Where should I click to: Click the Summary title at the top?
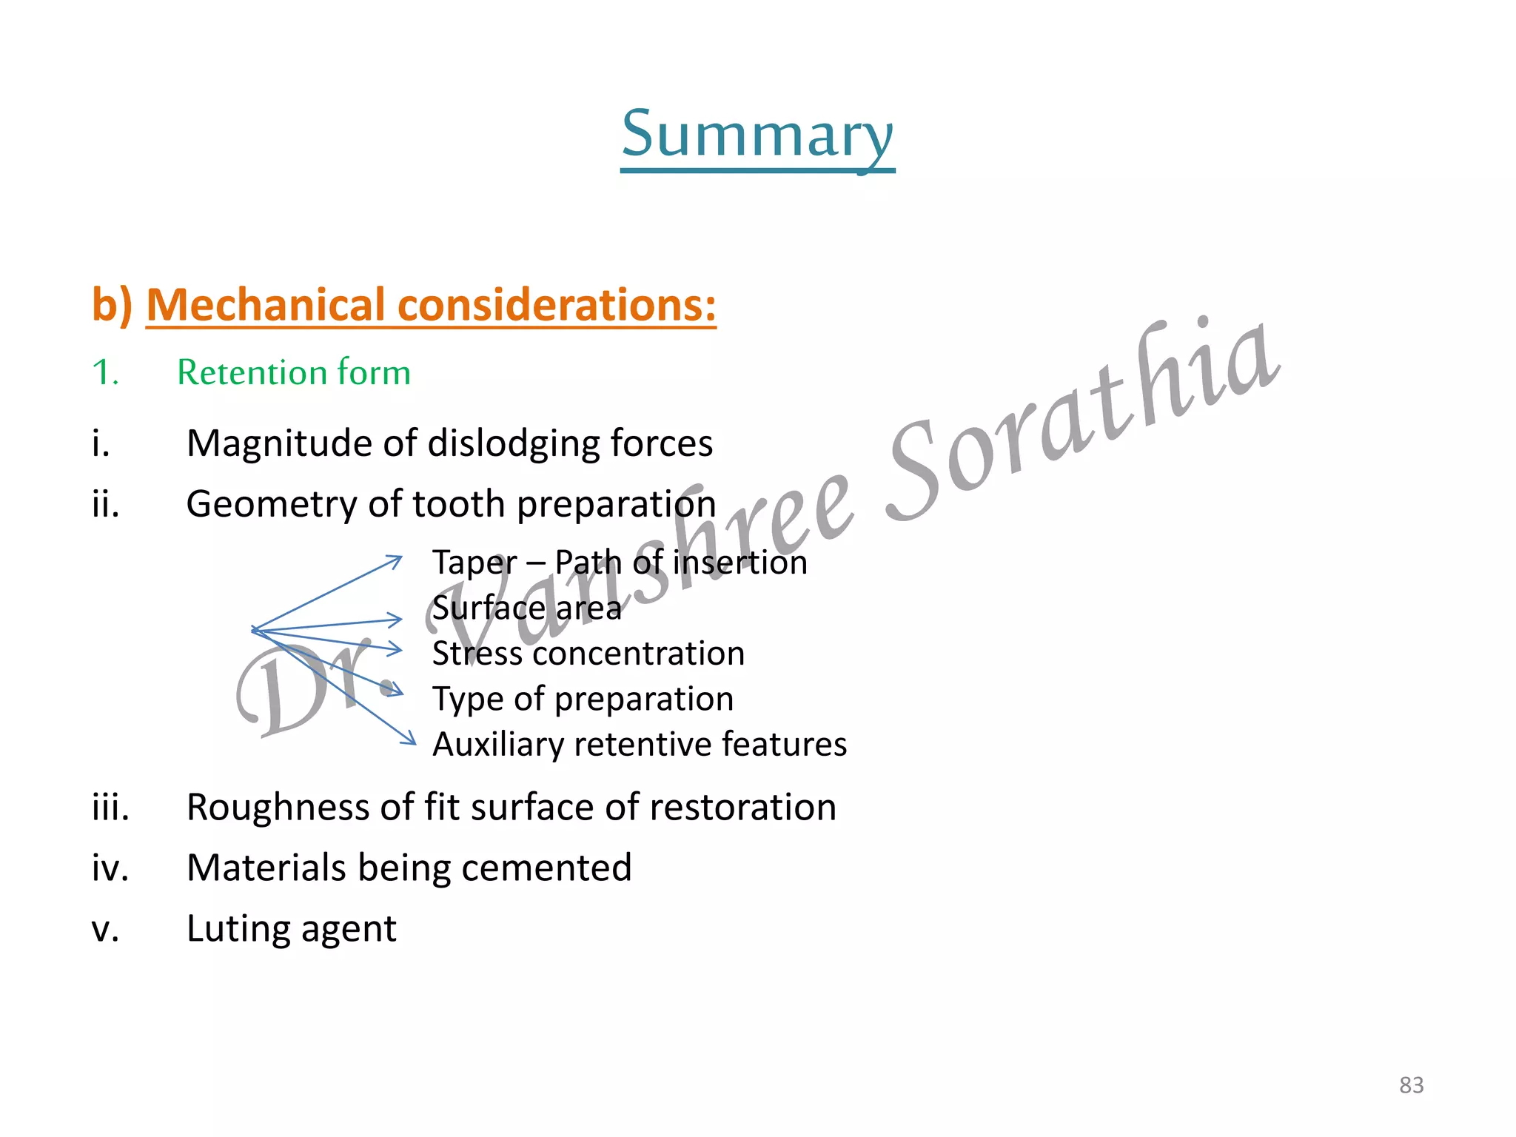[x=757, y=135]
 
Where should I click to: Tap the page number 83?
[x=1411, y=1085]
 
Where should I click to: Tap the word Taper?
[x=474, y=563]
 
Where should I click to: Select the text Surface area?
[x=526, y=608]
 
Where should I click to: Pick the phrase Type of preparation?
[x=583, y=700]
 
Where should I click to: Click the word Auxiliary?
[x=497, y=745]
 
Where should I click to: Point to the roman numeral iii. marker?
[x=110, y=807]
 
